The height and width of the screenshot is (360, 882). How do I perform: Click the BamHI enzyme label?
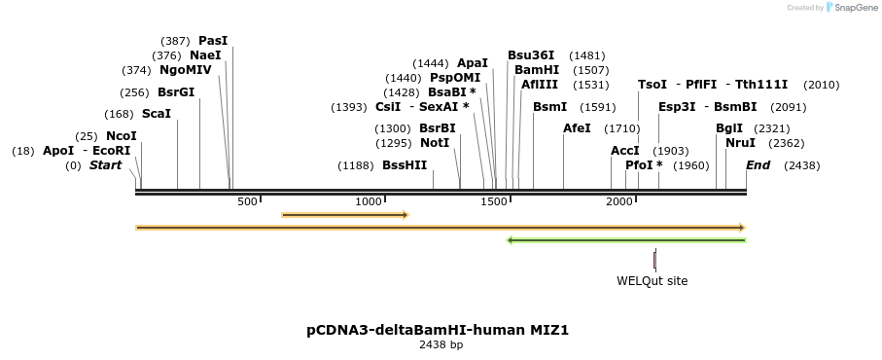click(536, 70)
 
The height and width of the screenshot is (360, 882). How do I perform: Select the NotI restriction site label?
click(435, 143)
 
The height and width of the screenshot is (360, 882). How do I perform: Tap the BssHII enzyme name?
click(405, 165)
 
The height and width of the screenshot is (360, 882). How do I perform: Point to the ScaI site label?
click(156, 114)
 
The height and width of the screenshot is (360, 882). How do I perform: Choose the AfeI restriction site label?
click(577, 128)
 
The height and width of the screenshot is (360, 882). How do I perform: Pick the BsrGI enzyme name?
click(176, 92)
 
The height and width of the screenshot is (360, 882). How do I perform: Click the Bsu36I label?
click(531, 55)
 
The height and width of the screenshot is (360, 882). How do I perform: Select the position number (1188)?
click(356, 165)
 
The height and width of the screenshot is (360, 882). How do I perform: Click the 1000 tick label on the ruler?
click(369, 201)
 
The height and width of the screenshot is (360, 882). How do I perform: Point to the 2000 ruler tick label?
click(619, 201)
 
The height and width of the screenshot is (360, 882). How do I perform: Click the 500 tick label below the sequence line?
click(247, 201)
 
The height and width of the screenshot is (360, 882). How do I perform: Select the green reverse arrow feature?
click(626, 240)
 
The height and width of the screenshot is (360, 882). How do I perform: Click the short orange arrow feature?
click(344, 215)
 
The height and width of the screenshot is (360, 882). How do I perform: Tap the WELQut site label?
click(652, 281)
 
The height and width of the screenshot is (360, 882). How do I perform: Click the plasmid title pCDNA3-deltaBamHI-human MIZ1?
click(438, 330)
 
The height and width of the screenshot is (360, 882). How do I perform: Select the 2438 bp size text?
click(441, 344)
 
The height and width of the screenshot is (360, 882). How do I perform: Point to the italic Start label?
click(105, 165)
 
